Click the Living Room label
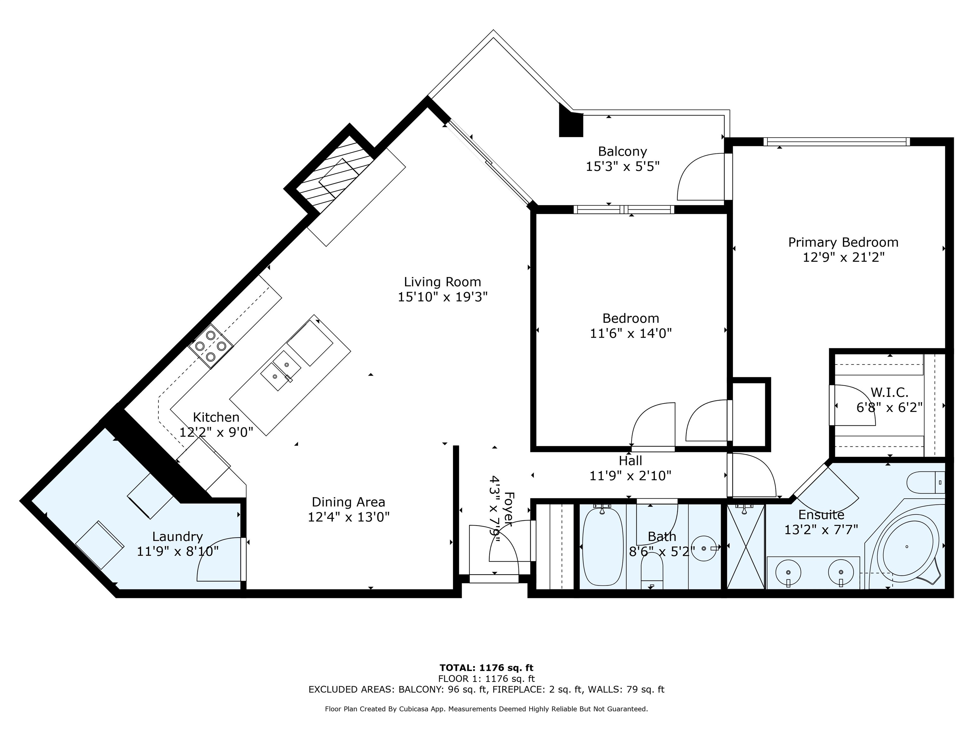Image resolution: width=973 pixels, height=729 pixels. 442,282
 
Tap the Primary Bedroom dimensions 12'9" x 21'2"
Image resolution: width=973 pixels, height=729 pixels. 843,257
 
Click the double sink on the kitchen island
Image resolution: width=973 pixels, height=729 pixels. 281,371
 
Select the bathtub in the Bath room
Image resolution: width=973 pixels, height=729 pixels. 603,547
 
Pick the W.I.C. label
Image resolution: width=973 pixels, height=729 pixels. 889,392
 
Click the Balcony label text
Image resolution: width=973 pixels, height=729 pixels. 622,152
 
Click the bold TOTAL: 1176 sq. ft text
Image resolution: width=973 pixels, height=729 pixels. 486,668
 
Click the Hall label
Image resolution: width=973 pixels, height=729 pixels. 630,460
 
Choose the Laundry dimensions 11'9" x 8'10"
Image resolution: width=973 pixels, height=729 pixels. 178,551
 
